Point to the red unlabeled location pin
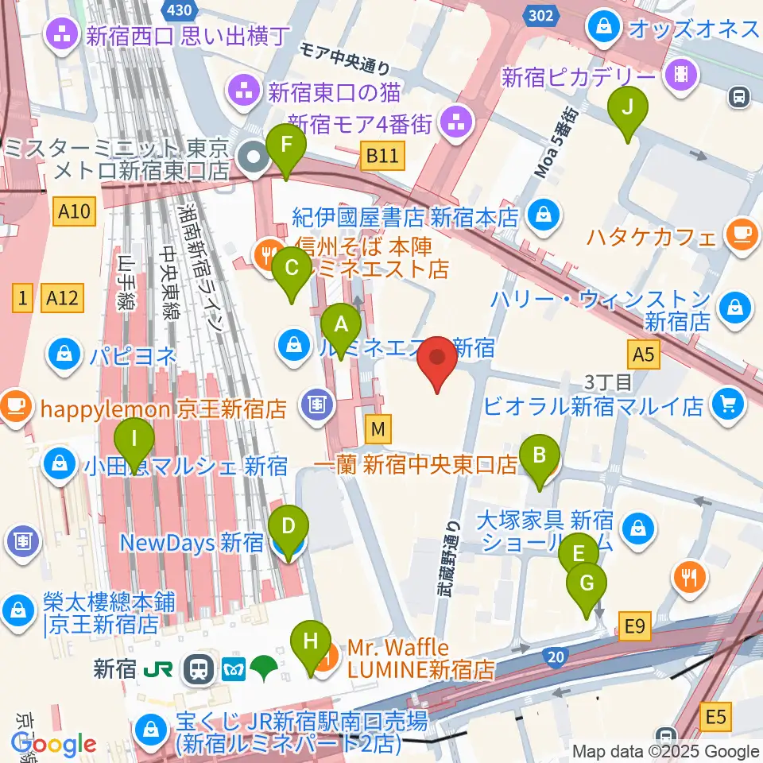click(438, 362)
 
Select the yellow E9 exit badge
click(633, 628)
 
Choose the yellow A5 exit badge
click(644, 354)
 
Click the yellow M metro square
click(379, 430)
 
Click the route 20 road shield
click(556, 656)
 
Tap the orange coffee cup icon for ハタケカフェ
click(741, 235)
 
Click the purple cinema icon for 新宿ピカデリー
click(681, 76)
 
